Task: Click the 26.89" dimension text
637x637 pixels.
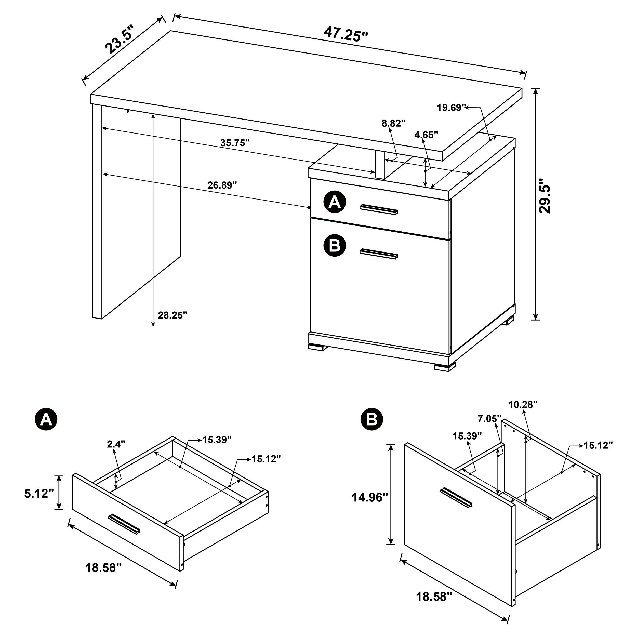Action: [x=222, y=185]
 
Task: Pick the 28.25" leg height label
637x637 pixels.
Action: [x=172, y=315]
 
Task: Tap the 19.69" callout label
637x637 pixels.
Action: [x=451, y=108]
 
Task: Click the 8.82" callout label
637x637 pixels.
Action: [x=393, y=124]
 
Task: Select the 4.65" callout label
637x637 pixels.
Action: [x=426, y=135]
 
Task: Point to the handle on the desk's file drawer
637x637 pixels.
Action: [x=379, y=254]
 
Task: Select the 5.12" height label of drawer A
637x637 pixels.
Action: [x=39, y=494]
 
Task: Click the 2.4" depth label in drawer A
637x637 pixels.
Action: [x=116, y=444]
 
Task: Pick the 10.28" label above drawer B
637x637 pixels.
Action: [x=523, y=405]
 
